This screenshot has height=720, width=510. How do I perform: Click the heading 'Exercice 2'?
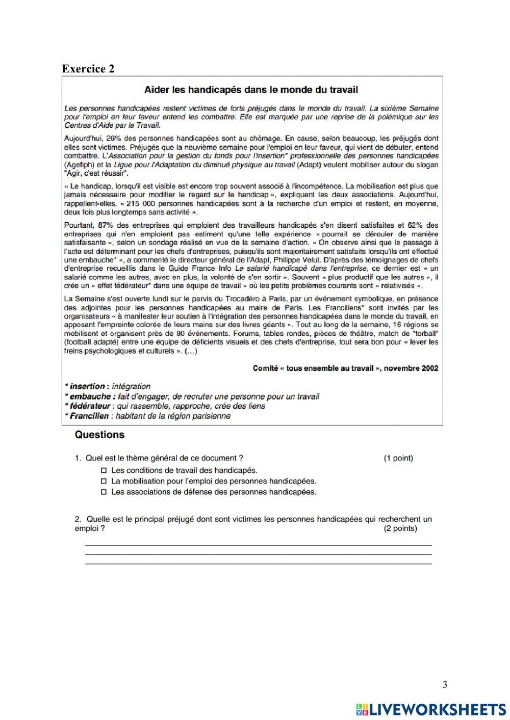pos(88,69)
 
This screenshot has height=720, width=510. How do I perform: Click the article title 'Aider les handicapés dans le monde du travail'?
pos(251,90)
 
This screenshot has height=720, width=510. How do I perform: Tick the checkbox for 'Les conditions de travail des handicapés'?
pos(104,470)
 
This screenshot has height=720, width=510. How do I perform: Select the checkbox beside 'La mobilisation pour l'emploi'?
pos(104,481)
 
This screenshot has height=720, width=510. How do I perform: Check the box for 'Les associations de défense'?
pos(104,492)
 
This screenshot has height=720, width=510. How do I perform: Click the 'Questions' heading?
pos(99,435)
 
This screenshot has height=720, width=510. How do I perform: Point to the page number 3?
pos(445,684)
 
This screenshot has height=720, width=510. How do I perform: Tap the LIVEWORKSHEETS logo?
pos(430,709)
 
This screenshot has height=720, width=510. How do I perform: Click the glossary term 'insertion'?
pos(87,386)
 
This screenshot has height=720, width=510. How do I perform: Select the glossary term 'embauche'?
pos(90,396)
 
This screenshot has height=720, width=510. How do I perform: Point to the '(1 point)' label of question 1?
pos(398,458)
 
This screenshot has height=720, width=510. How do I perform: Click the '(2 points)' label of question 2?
pos(400,528)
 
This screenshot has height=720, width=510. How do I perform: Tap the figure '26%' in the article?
pos(114,138)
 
